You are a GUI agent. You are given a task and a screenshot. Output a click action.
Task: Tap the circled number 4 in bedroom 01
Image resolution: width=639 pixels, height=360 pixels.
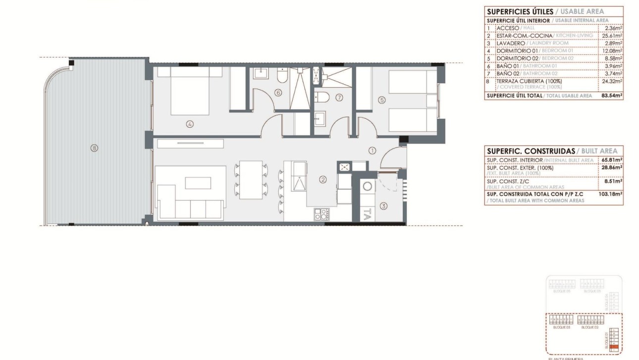(190, 124)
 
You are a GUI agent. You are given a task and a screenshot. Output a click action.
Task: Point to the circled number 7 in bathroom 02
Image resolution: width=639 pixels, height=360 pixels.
(339, 98)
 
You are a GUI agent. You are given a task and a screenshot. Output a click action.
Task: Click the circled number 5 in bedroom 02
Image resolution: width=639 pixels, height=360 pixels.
(382, 100)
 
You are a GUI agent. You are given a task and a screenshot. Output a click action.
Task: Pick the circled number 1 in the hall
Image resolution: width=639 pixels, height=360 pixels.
(373, 151)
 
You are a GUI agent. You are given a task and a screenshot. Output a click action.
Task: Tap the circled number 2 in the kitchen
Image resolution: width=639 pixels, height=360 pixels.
(323, 180)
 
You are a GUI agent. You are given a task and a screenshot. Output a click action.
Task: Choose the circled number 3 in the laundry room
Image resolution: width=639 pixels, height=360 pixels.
(383, 206)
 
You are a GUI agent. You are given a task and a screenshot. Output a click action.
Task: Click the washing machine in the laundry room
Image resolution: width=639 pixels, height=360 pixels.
(367, 186)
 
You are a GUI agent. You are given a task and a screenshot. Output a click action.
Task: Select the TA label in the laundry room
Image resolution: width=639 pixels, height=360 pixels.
(367, 214)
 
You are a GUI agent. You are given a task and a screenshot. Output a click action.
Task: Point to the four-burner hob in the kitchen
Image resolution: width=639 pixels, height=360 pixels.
(320, 214)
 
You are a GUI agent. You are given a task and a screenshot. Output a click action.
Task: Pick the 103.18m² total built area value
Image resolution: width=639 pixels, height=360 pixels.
(612, 194)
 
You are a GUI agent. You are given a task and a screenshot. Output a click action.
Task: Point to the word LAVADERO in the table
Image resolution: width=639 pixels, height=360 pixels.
(511, 43)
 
